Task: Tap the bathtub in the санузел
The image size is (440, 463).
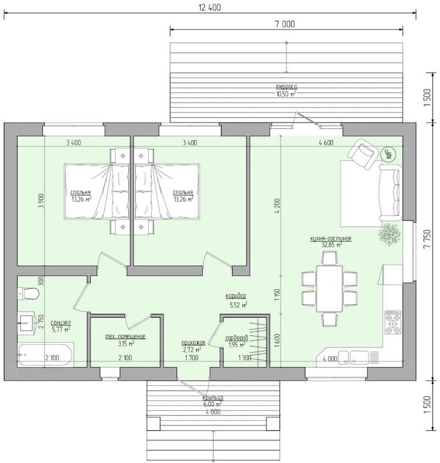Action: [45, 355]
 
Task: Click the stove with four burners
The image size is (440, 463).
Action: [393, 322]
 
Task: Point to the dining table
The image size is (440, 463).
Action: [329, 289]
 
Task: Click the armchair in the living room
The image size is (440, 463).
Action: [363, 154]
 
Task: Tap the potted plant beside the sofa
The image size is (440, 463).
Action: [389, 233]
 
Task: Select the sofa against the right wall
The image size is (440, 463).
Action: [391, 193]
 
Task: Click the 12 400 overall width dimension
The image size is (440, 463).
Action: [210, 7]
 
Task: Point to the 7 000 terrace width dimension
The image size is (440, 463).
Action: [285, 24]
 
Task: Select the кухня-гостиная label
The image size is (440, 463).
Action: [331, 238]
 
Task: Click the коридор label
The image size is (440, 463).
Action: [235, 296]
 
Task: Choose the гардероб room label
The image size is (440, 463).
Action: [236, 338]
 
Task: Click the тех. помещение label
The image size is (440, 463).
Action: [125, 336]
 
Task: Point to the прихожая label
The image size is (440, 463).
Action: [193, 343]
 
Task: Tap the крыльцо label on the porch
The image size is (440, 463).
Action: [213, 397]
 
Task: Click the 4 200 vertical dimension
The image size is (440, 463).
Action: [277, 206]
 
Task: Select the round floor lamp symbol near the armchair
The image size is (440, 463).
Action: [388, 154]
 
